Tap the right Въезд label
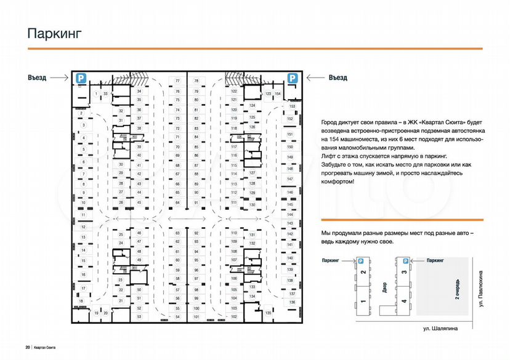tap(337, 78)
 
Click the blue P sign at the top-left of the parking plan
tap(80, 78)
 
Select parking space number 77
tap(177, 81)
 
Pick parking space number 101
tap(196, 316)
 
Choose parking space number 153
tap(293, 106)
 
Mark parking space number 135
tap(268, 313)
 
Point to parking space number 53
tap(139, 316)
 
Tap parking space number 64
tap(177, 202)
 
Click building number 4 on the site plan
tap(403, 301)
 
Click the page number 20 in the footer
tap(28, 348)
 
